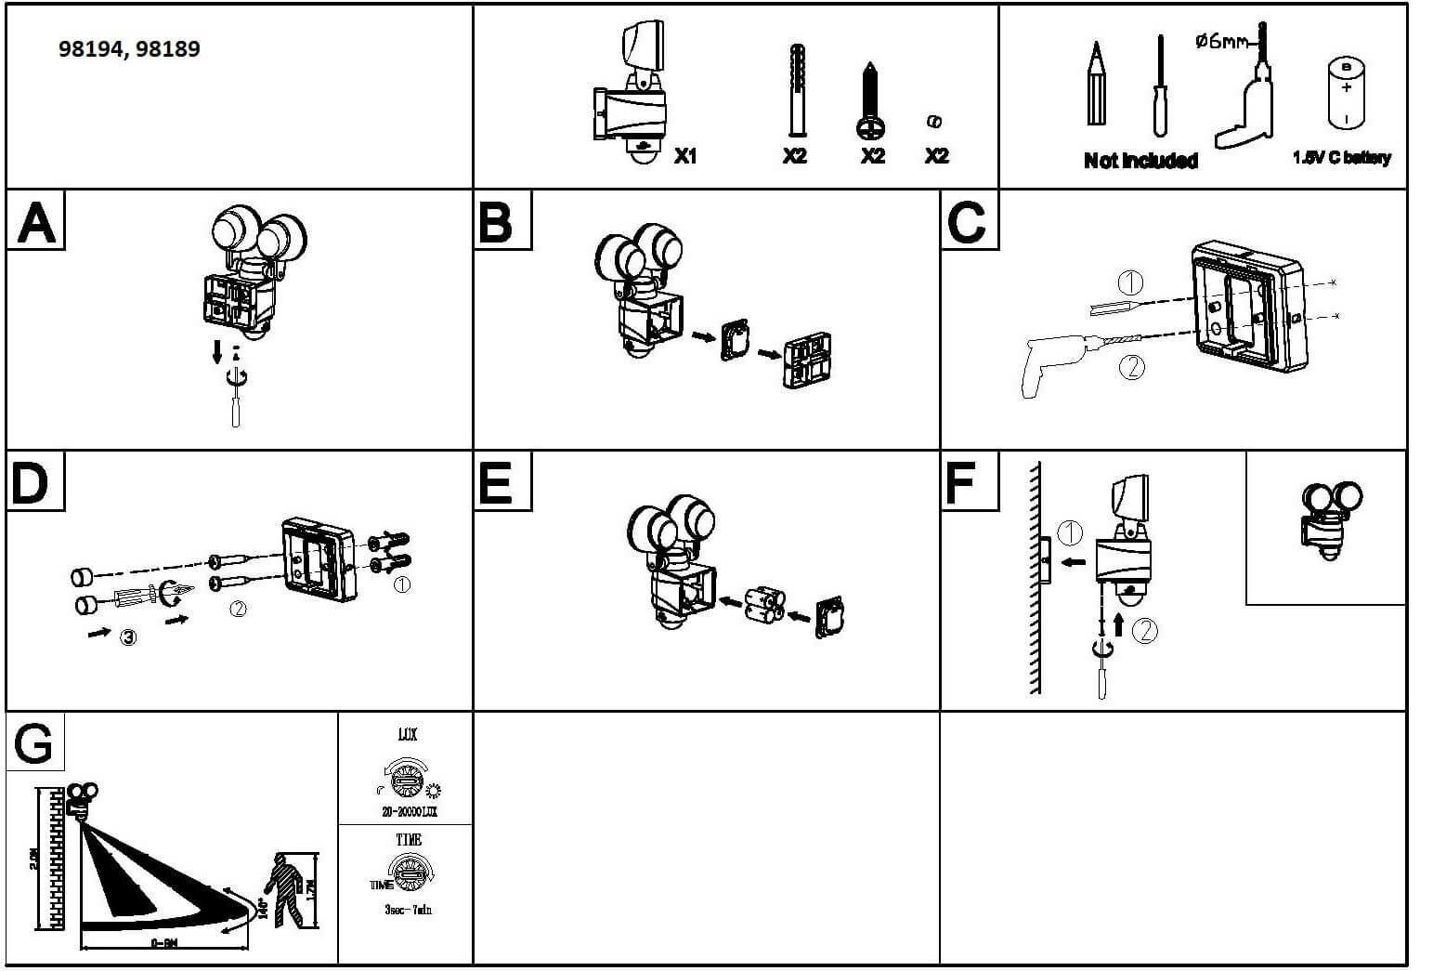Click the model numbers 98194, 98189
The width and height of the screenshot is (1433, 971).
click(129, 49)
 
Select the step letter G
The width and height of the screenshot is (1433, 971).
click(34, 743)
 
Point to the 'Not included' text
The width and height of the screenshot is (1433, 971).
click(1140, 161)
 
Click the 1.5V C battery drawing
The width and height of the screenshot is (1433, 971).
click(1346, 93)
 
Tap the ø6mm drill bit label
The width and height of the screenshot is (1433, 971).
click(1221, 41)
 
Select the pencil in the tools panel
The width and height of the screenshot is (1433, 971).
click(1097, 85)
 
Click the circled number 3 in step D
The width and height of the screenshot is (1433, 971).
click(128, 636)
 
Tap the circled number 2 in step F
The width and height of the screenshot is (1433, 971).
click(1146, 631)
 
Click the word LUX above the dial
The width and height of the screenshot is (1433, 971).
click(407, 735)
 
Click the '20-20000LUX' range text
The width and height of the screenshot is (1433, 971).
click(409, 812)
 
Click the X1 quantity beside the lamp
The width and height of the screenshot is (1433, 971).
click(684, 156)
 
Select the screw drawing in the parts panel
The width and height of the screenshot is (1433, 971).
click(869, 102)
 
